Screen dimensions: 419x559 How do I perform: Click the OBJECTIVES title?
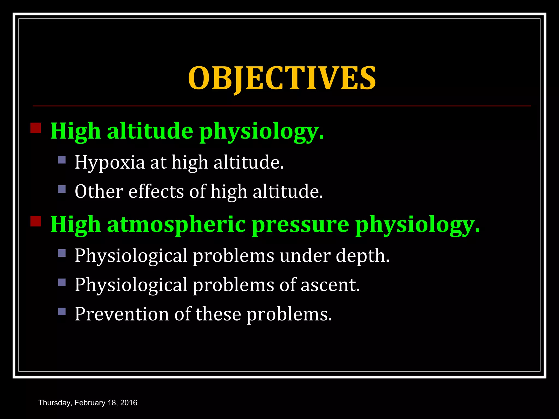(282, 78)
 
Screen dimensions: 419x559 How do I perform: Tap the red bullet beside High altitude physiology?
(35, 128)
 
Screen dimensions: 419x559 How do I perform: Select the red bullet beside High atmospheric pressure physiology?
(35, 221)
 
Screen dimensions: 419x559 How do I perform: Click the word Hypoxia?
(110, 163)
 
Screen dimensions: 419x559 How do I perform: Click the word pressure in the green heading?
(300, 225)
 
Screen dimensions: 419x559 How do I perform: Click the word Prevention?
(122, 314)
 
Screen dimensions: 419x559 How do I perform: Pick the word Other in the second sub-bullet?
(99, 191)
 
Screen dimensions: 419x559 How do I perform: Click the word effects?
(156, 191)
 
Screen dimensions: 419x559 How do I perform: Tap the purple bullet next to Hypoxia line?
(62, 160)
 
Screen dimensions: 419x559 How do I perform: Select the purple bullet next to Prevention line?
(62, 311)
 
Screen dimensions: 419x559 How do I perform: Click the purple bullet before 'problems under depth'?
(62, 253)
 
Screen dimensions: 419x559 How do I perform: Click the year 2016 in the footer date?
(129, 403)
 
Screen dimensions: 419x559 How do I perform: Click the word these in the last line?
(218, 314)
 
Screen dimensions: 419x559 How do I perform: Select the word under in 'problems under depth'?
(305, 256)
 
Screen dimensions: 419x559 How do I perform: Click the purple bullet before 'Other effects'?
(62, 189)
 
